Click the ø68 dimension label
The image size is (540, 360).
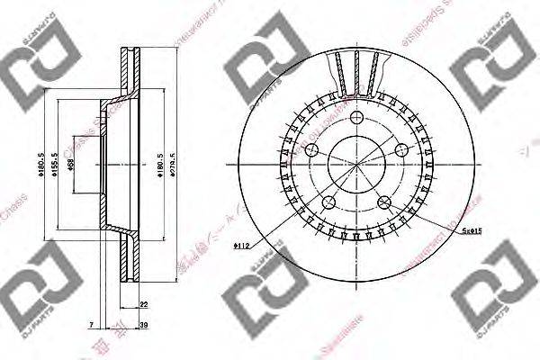[x=71, y=166]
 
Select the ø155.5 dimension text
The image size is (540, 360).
[x=55, y=166]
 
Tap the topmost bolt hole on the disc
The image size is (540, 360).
[x=356, y=120]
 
